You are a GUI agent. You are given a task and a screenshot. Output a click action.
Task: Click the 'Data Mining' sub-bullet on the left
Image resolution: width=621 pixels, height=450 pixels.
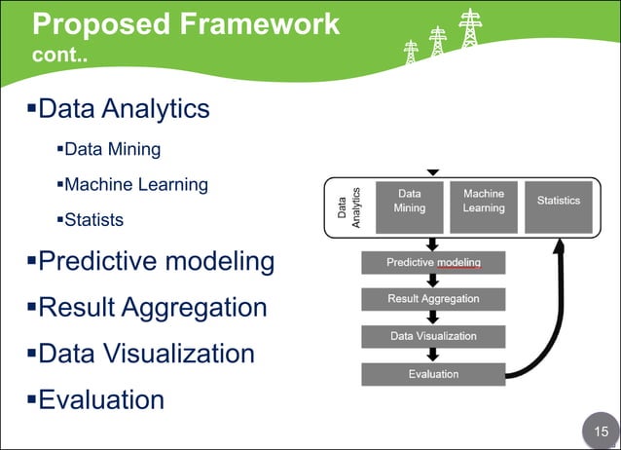[x=112, y=150]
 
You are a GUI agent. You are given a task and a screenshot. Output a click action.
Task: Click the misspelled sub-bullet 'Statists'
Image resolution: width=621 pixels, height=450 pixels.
[x=93, y=219]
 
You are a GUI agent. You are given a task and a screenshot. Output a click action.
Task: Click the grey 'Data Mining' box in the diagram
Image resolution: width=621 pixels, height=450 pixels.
[x=409, y=206]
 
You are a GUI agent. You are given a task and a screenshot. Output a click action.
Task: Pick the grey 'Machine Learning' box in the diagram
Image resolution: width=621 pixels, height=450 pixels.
[x=484, y=206]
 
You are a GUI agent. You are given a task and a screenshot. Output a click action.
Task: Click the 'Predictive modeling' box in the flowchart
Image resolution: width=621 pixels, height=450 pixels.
[x=433, y=263]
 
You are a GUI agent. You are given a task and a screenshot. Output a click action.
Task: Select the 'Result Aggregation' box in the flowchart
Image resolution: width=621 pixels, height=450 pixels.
[x=433, y=298]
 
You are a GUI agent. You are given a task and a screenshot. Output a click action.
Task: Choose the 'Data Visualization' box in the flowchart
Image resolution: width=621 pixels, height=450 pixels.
[x=433, y=336]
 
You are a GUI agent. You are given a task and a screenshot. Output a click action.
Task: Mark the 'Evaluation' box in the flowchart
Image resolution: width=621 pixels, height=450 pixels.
[x=433, y=373]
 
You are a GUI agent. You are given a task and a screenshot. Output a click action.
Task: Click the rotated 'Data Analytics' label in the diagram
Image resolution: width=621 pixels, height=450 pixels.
[x=348, y=207]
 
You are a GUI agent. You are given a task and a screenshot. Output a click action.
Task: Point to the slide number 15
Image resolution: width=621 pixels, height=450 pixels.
[x=596, y=430]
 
